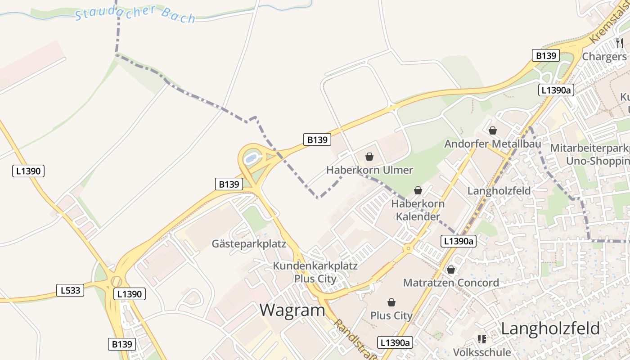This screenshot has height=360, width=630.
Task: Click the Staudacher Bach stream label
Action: [135, 13]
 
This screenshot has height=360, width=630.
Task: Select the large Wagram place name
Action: [292, 310]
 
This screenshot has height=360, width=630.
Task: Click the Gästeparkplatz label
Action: [249, 244]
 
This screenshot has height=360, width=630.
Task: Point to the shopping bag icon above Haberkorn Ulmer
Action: [369, 157]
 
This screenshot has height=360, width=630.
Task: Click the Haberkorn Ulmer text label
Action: [369, 170]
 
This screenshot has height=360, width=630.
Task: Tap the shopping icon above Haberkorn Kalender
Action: [418, 190]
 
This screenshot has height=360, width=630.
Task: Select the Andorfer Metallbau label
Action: [492, 144]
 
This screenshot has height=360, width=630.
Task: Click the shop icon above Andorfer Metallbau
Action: [493, 130]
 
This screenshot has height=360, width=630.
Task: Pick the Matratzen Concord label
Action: [451, 283]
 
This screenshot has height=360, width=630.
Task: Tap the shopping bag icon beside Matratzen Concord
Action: [451, 270]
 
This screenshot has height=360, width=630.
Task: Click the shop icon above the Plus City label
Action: [391, 302]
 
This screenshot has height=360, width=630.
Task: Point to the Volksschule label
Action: [482, 352]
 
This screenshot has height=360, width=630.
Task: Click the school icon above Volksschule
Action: [482, 339]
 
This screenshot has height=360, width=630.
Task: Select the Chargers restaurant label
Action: [604, 57]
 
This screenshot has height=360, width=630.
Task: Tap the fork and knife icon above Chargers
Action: [620, 43]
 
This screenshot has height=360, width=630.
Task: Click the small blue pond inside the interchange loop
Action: [251, 158]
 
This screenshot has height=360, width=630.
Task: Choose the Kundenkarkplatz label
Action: [315, 266]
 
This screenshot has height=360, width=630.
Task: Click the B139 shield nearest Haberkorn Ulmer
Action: [317, 140]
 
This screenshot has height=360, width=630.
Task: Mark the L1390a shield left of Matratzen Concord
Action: [459, 241]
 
